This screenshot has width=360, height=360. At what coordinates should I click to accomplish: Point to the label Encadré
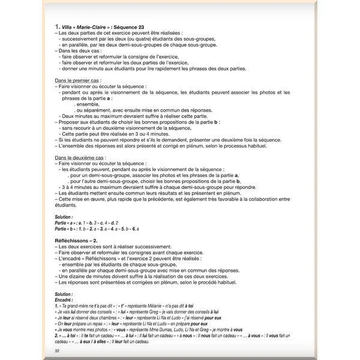coord(63,298)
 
